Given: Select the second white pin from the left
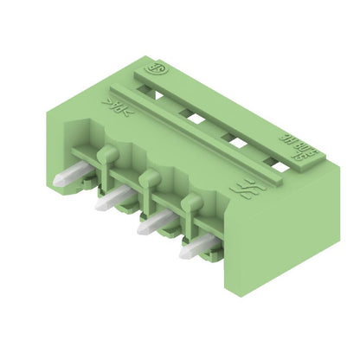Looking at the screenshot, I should point(112,202).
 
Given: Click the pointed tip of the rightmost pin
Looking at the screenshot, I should point(184,256).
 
